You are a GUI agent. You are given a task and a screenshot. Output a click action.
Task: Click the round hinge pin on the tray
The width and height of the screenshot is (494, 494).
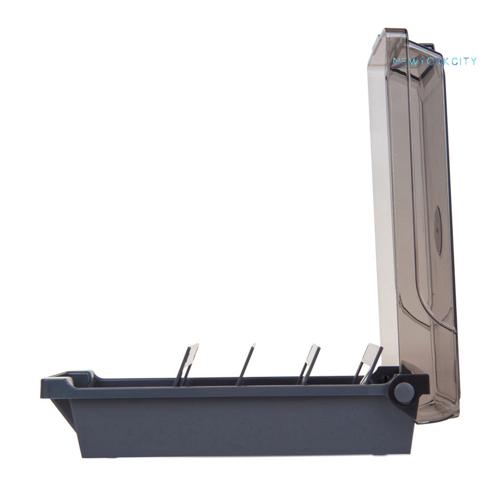[x=404, y=393]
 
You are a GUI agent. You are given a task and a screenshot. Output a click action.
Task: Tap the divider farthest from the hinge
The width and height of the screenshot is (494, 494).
[x=186, y=365]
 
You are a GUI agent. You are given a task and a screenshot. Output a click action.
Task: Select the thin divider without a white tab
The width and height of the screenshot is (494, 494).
[x=246, y=364]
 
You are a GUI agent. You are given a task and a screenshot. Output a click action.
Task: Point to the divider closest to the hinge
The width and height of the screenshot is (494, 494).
[x=368, y=364]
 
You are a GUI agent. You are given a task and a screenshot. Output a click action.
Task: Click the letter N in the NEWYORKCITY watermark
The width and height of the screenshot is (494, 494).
[x=396, y=61]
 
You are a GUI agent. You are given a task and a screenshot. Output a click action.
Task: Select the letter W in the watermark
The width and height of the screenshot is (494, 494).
[x=412, y=61]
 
